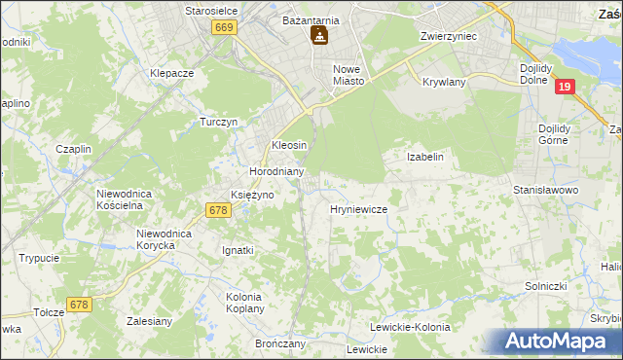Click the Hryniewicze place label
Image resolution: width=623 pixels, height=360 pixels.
359,209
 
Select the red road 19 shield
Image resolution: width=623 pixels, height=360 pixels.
566,87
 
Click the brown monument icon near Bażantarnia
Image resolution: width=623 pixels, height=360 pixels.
318,37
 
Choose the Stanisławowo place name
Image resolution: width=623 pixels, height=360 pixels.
546,190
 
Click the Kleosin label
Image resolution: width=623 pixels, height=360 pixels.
289,145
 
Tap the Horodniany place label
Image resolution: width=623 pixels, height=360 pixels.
277,171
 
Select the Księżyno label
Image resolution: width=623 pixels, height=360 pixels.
251,195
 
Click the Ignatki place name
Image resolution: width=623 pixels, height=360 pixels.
238,250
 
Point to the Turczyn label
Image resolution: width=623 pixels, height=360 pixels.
219,122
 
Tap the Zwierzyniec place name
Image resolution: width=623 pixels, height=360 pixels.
447,35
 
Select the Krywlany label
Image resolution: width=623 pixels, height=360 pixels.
444,82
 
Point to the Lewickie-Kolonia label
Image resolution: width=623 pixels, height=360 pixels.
410,327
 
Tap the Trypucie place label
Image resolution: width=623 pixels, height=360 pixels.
39,258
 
